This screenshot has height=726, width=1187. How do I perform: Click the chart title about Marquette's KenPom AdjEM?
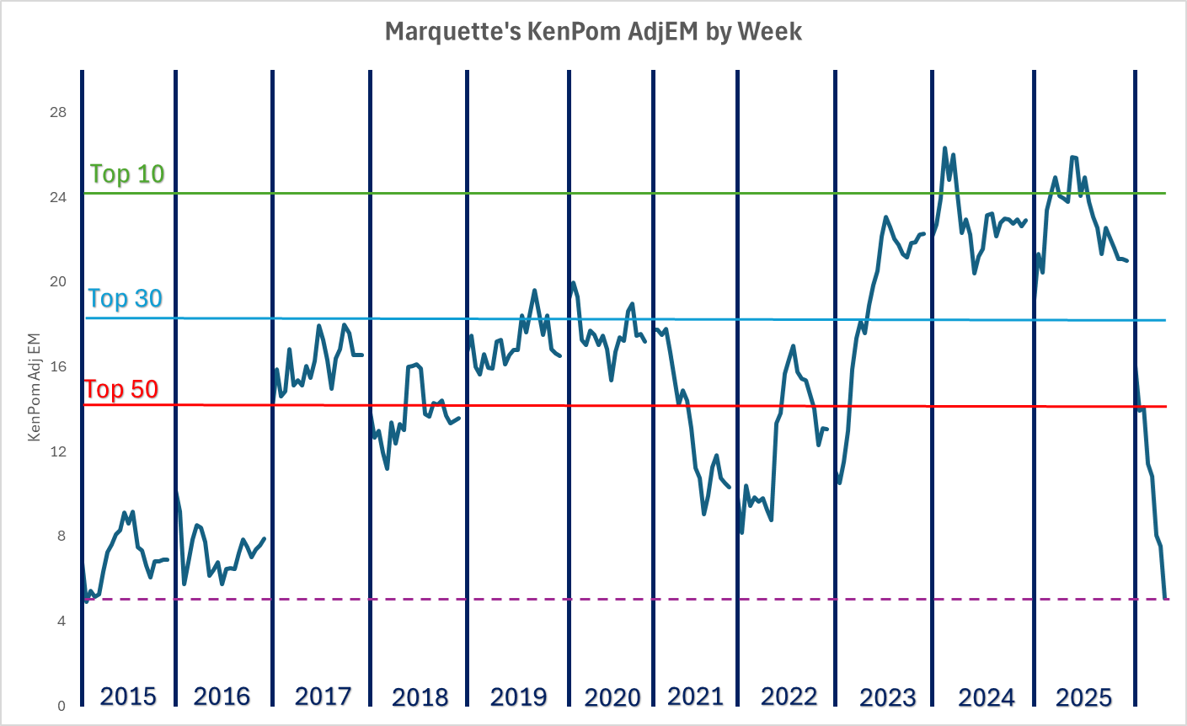(593, 32)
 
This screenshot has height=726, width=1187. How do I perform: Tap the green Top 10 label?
(127, 173)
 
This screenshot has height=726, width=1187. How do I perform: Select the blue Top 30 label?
(126, 298)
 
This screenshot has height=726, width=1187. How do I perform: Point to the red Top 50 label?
(121, 389)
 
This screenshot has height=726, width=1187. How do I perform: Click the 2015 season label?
(128, 697)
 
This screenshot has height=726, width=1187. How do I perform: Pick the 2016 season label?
(222, 697)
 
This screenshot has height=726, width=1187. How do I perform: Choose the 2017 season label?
(323, 697)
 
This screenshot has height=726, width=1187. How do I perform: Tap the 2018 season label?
(420, 697)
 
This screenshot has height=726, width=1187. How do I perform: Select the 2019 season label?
(518, 697)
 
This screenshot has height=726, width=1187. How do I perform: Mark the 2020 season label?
(612, 697)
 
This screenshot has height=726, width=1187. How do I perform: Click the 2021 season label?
(695, 697)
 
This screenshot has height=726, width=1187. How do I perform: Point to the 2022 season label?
(789, 697)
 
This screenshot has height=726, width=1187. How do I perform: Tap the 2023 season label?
(887, 697)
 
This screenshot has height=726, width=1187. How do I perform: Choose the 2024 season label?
(986, 697)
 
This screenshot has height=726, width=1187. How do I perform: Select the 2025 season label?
(1083, 697)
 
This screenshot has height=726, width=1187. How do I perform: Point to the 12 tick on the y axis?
(58, 451)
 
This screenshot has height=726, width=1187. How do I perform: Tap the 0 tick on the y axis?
(61, 706)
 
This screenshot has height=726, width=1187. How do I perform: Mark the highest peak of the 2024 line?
(944, 148)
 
